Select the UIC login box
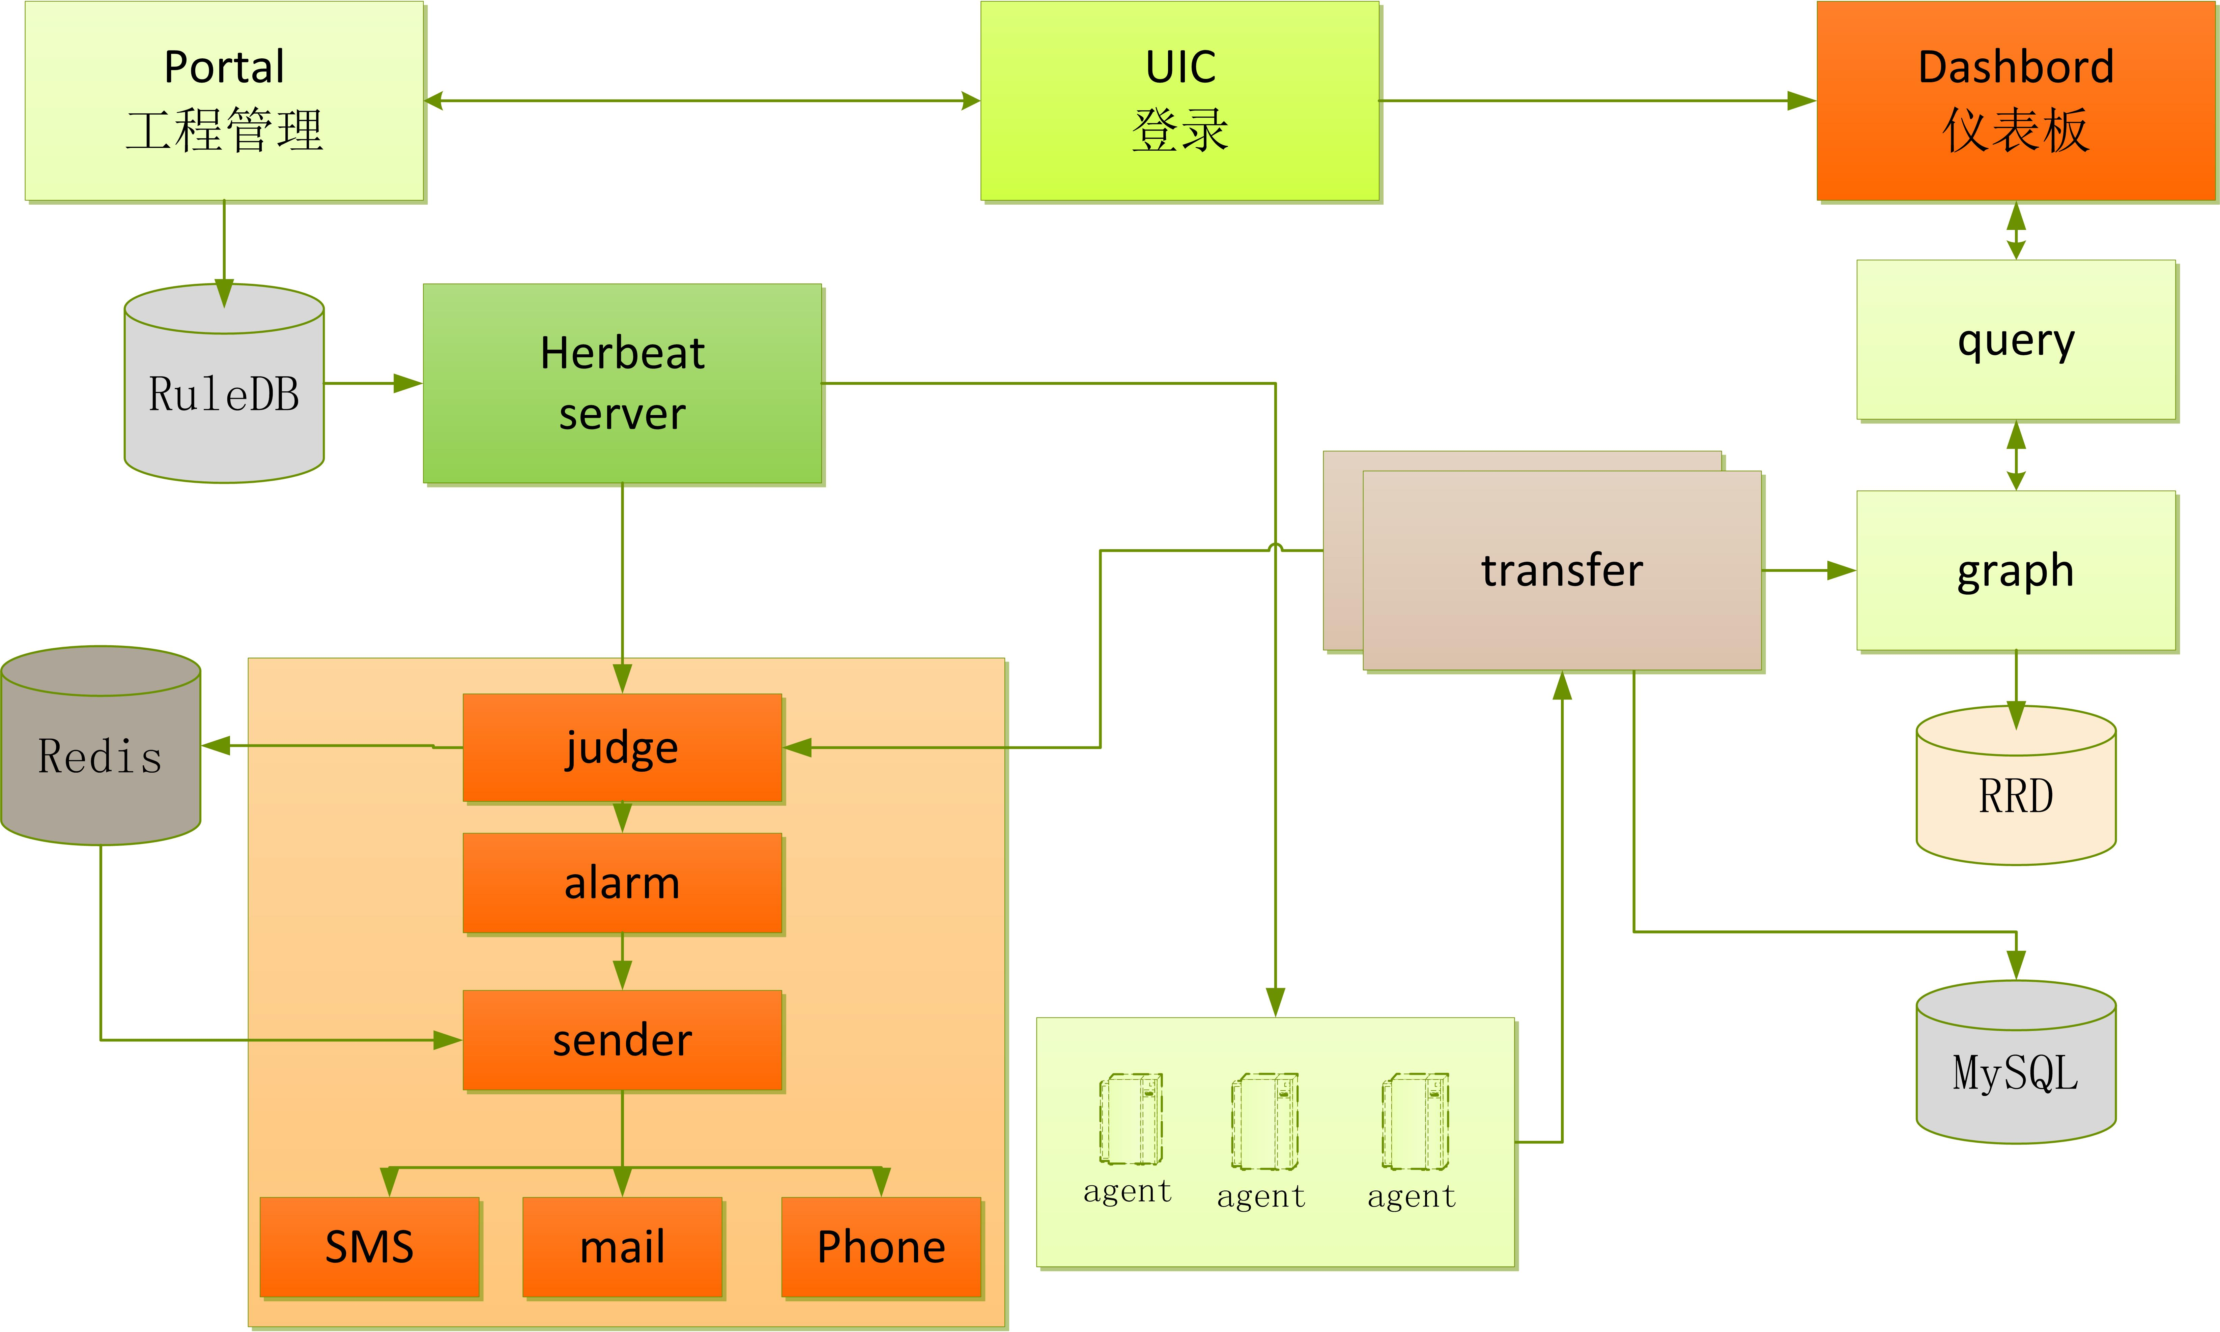1179,100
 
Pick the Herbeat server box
622,383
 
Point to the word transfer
1562,571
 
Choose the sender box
622,1040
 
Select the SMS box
369,1247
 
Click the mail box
622,1247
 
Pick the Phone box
881,1247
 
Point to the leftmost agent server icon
1130,1119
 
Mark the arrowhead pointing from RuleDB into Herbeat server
408,383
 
